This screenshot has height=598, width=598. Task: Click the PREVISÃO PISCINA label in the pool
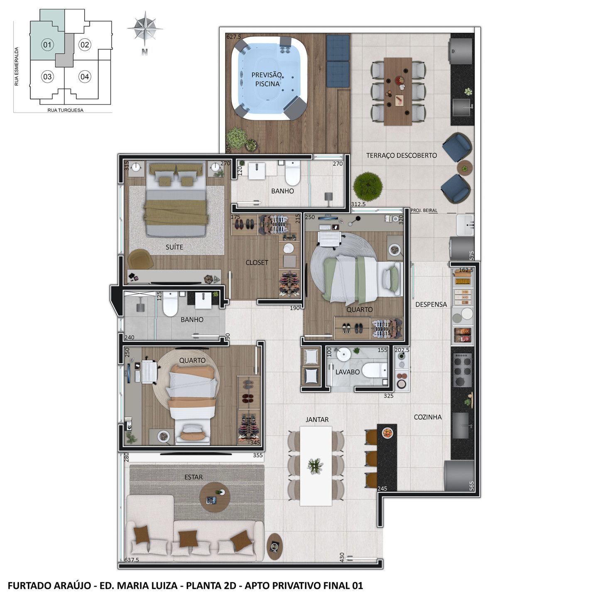(267, 79)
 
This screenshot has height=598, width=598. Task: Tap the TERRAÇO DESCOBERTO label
(402, 155)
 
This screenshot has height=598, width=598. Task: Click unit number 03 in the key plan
(47, 76)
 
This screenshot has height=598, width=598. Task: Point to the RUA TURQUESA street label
(66, 110)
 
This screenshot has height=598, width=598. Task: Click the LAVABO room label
(347, 372)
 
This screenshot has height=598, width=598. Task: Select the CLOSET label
(257, 262)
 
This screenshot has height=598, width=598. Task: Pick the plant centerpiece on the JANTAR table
(315, 466)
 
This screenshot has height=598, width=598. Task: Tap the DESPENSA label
(431, 304)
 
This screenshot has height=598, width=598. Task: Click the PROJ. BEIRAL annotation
(424, 210)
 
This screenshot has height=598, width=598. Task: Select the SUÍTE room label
(174, 247)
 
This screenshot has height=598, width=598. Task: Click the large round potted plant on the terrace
(368, 186)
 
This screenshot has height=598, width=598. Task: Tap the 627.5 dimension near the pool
(234, 37)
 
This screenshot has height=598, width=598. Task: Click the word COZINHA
(428, 417)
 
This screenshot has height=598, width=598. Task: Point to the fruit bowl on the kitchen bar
(387, 433)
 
